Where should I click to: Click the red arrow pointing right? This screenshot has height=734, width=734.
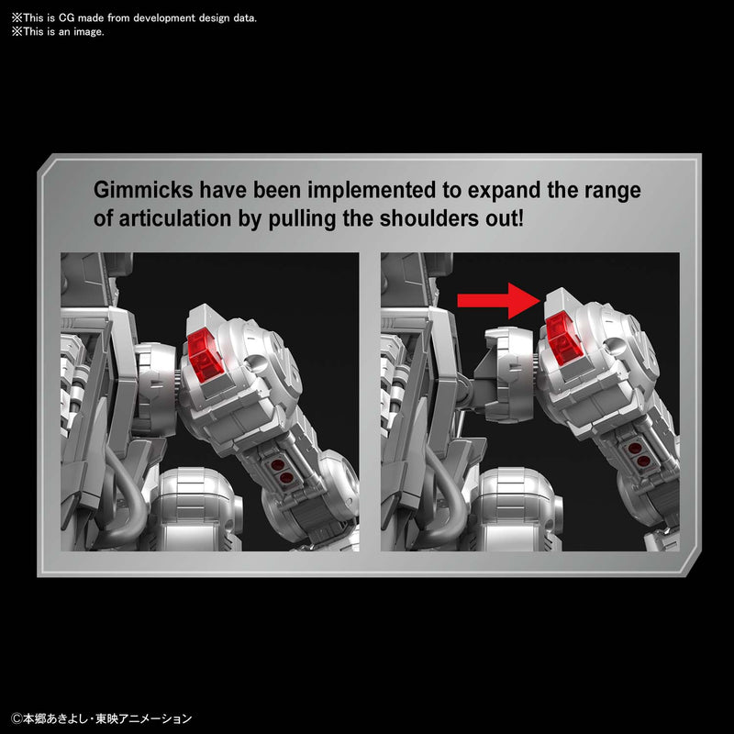498,301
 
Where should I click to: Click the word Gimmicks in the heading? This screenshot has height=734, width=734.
143,190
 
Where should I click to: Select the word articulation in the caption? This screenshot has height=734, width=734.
175,218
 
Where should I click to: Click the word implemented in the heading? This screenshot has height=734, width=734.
373,191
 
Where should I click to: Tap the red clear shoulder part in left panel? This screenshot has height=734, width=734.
205,355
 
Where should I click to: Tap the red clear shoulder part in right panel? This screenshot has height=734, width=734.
563,337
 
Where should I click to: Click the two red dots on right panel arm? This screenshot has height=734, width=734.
639,454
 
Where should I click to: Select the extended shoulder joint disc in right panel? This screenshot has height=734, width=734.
509,373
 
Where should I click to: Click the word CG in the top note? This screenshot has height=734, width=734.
66,18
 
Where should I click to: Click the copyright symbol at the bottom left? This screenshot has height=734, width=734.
17,718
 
